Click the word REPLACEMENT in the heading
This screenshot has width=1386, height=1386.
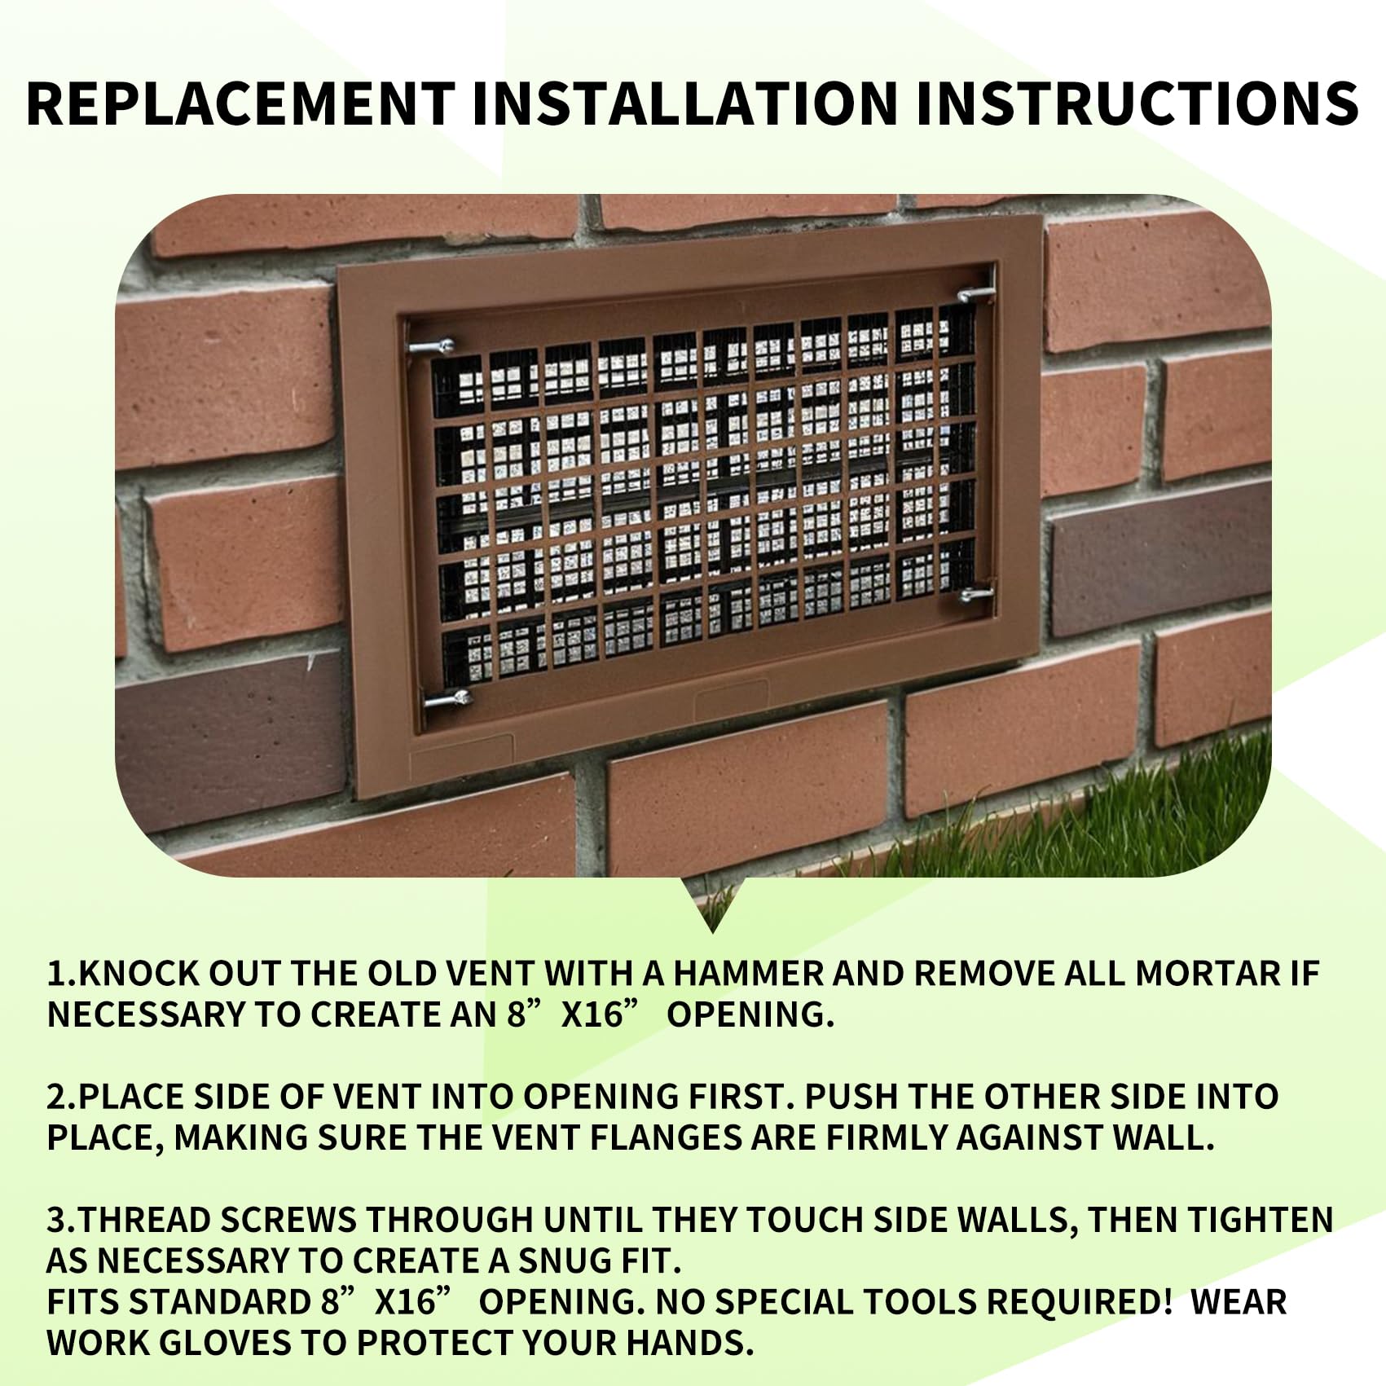(x=240, y=103)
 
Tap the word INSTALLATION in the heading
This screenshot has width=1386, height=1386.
(x=684, y=103)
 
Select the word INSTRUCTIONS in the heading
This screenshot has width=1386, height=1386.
(x=1137, y=103)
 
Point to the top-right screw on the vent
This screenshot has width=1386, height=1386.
(x=975, y=293)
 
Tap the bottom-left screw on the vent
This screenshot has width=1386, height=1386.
(x=447, y=698)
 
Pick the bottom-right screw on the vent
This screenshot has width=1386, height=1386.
(x=976, y=595)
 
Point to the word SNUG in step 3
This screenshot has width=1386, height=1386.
(x=563, y=1261)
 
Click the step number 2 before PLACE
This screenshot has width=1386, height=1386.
(x=56, y=1097)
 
